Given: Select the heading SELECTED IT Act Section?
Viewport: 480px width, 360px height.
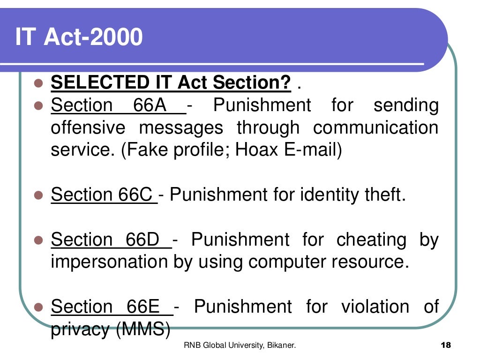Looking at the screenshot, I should point(171,83).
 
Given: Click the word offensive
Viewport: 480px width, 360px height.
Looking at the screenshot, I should point(88,127).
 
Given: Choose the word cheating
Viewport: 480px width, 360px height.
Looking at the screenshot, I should point(371,240).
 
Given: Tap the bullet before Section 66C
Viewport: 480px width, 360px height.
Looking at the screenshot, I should point(39,195).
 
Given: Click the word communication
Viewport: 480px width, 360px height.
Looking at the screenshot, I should point(375,127).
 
